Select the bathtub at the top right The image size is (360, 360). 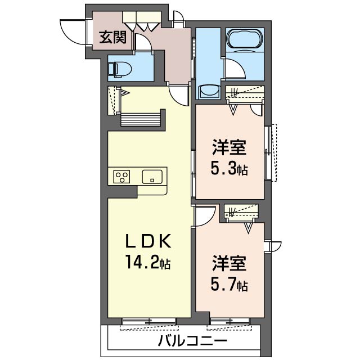coord(244,40)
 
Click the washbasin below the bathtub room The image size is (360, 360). coord(210,91)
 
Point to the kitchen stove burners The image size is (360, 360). coord(121,177)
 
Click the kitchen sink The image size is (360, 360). coord(152,176)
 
